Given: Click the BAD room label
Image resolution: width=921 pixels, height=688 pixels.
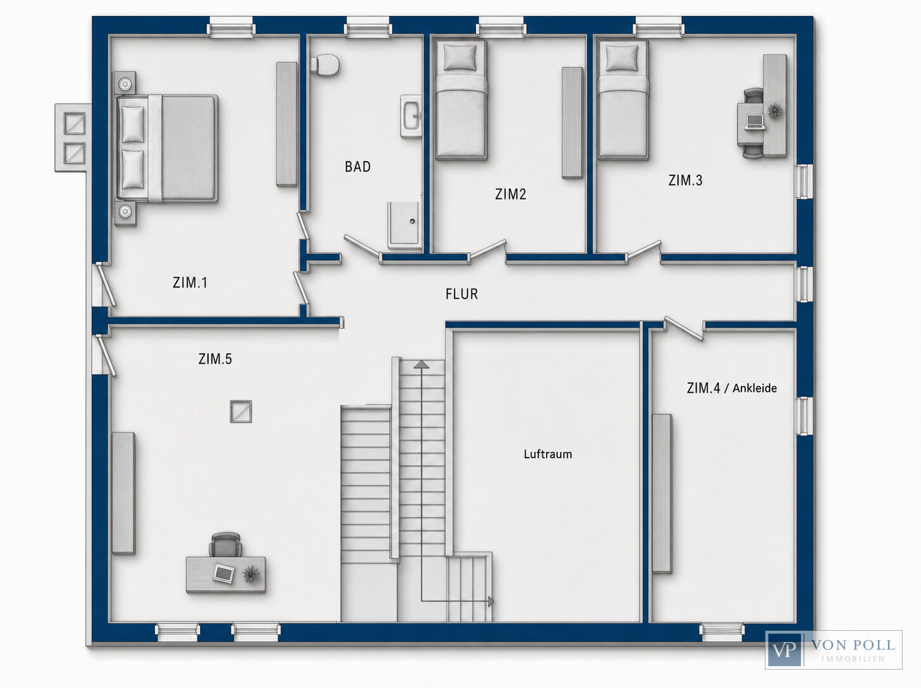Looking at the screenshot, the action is click(357, 166).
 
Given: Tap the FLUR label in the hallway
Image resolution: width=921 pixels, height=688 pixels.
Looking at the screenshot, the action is click(461, 294).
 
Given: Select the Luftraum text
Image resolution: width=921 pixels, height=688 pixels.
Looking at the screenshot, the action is click(548, 454).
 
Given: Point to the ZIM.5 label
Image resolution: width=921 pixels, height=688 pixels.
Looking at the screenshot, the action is click(215, 359).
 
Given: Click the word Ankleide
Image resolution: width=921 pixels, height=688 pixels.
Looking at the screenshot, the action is click(755, 388).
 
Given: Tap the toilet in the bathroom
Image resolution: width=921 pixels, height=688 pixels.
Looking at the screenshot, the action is click(324, 66).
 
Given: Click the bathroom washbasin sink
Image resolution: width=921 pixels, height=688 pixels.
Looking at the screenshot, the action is click(411, 116).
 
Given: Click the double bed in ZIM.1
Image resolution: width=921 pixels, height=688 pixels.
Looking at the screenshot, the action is click(167, 149).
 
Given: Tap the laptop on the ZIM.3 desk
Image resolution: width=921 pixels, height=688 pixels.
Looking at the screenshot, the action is click(755, 122).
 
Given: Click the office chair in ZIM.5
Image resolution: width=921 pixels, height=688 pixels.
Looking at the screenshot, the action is click(225, 545).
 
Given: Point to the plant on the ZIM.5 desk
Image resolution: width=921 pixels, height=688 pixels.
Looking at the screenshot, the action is click(251, 574).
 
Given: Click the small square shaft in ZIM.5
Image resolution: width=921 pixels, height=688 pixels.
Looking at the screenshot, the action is click(241, 411).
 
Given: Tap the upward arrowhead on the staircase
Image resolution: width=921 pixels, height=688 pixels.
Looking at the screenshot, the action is click(421, 364).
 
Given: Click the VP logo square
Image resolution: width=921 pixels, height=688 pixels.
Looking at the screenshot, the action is click(784, 650).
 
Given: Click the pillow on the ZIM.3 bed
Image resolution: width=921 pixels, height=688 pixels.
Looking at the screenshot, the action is click(621, 58).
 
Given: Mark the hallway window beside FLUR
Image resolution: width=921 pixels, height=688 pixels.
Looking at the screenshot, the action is click(803, 284).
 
